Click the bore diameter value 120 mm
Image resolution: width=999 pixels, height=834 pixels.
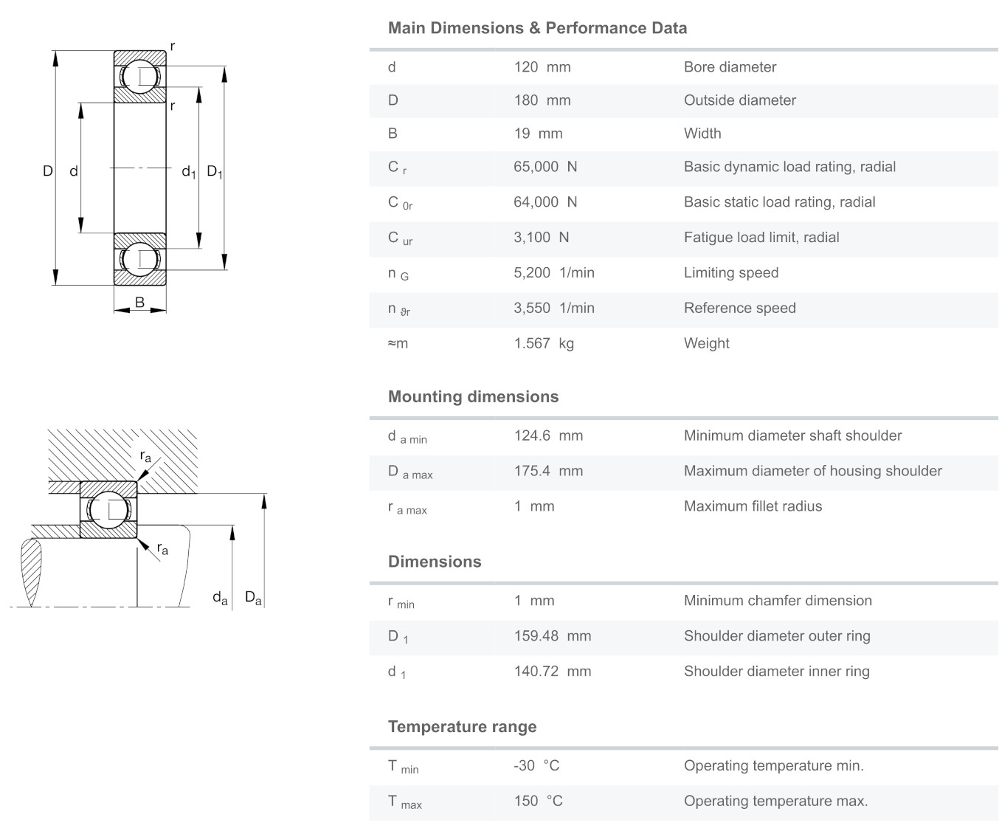542,67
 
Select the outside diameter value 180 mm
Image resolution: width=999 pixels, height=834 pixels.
542,100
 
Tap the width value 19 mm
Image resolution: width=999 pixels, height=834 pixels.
538,134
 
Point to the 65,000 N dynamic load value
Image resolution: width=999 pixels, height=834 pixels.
545,167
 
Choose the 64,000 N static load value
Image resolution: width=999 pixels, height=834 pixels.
545,202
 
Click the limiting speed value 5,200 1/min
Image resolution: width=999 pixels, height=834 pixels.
553,273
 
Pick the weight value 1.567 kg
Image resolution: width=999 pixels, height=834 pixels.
543,344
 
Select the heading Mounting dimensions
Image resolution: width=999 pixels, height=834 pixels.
473,397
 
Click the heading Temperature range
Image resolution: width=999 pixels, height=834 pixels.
462,727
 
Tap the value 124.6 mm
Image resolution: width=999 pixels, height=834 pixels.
548,436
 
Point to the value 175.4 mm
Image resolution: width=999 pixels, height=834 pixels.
548,472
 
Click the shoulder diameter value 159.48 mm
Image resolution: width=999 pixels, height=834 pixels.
552,636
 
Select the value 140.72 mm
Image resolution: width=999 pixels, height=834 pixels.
552,672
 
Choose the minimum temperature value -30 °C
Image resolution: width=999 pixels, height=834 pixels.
536,766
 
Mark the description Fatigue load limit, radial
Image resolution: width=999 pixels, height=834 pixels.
761,238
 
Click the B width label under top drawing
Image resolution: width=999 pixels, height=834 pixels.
139,302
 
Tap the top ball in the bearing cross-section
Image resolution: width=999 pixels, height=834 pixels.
139,77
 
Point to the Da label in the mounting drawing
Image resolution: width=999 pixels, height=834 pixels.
253,598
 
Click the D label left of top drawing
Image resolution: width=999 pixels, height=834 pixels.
48,171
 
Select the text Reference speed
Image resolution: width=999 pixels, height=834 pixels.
739,309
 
